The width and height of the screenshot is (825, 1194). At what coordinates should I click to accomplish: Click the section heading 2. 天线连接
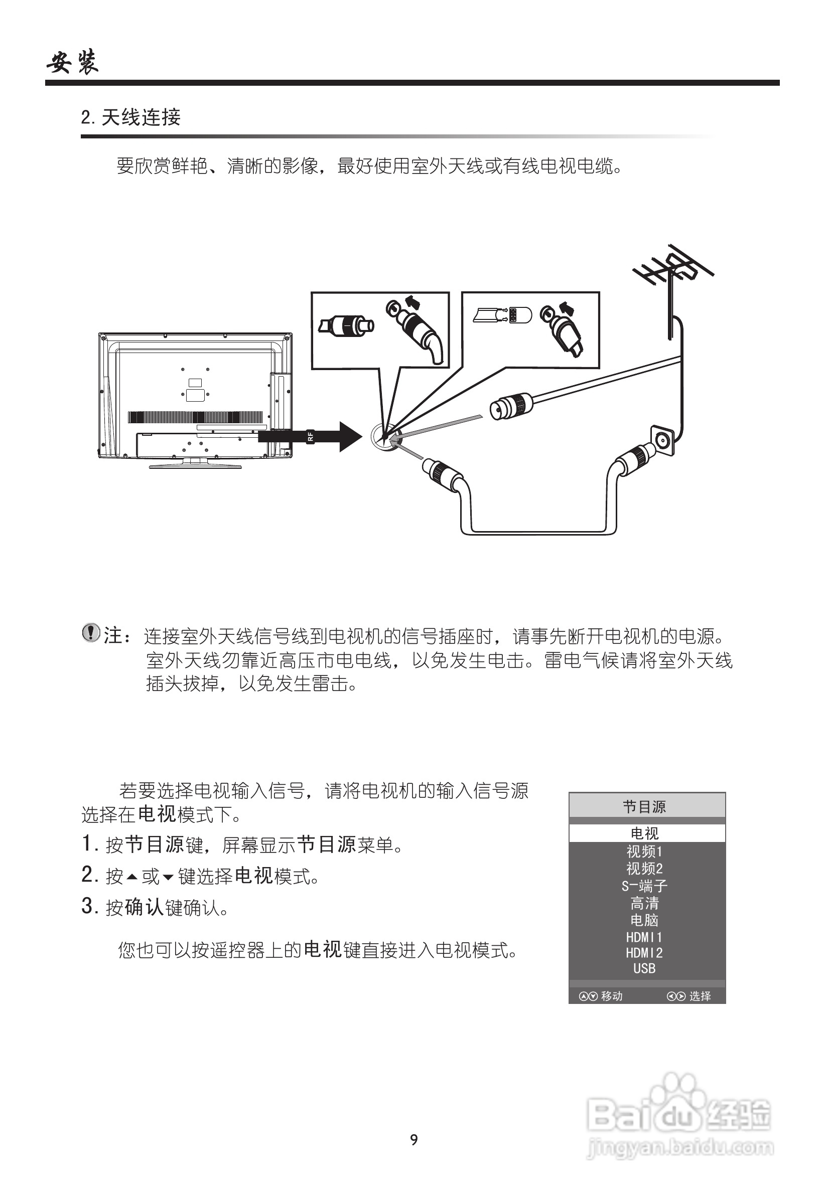131,118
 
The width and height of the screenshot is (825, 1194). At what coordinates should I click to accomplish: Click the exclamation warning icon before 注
90,633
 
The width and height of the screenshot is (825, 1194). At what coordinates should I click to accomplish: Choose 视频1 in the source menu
645,851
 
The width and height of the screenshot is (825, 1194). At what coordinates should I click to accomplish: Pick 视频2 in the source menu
645,868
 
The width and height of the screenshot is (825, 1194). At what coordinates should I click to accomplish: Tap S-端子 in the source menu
645,886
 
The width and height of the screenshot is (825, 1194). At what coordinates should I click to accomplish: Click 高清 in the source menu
645,903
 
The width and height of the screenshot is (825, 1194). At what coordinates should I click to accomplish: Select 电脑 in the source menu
645,920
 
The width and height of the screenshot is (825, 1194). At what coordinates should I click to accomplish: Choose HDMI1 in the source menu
645,937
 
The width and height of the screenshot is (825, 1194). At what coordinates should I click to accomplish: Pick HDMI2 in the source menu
645,952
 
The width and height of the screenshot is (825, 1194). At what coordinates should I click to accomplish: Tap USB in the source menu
645,968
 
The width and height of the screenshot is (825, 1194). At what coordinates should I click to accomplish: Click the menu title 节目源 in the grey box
645,807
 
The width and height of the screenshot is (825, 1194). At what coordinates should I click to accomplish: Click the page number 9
414,1139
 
